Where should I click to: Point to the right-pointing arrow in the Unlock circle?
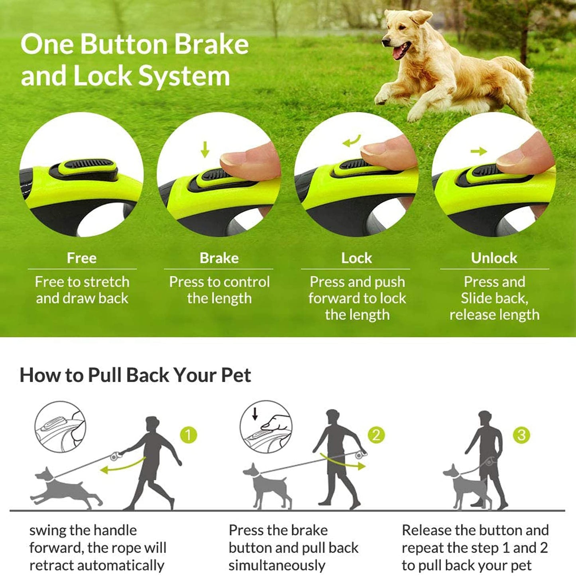[x=478, y=151]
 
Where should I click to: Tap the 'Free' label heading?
[x=82, y=258]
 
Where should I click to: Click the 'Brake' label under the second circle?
[x=219, y=258]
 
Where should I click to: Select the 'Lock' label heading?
[x=356, y=258]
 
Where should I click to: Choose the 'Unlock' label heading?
[x=494, y=258]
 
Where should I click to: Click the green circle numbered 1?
[x=189, y=435]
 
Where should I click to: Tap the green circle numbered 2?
[x=376, y=435]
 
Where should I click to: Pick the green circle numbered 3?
[x=521, y=435]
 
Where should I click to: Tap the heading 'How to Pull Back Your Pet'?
[x=135, y=375]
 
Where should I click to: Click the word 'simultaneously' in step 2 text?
[x=277, y=565]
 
